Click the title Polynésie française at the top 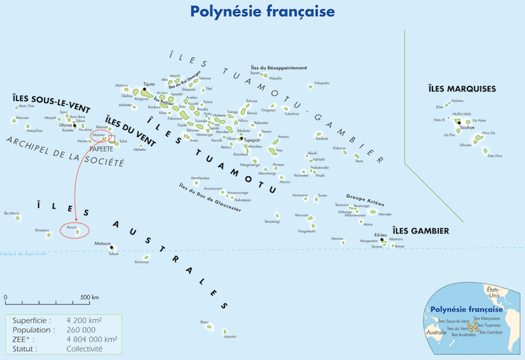[x=262, y=11]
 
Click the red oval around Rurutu [x=74, y=230]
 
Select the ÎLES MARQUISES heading [x=461, y=89]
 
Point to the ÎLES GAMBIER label [x=420, y=230]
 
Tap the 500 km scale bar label [x=89, y=297]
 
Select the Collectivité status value [x=85, y=349]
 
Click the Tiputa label [x=150, y=85]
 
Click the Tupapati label [x=253, y=140]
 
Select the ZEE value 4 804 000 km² [x=93, y=340]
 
